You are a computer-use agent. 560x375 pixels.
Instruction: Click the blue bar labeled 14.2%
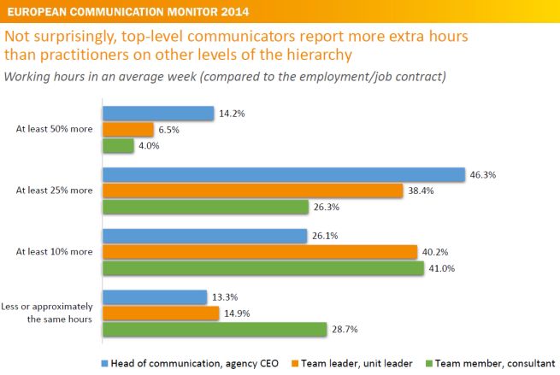158,114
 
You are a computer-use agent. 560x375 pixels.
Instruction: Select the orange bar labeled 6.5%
128,130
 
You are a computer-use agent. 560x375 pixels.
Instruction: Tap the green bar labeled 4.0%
119,146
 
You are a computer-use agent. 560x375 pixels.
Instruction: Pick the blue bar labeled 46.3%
282,175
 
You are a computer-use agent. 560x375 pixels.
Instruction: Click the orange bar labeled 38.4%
252,190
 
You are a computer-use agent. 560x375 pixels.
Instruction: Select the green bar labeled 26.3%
205,207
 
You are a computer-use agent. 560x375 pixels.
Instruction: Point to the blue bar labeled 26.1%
204,237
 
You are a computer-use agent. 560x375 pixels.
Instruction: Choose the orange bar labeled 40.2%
259,252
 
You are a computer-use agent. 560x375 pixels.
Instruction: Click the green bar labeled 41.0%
262,268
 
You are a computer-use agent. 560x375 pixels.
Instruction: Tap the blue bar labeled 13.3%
155,297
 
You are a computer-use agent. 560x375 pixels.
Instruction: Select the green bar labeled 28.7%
215,330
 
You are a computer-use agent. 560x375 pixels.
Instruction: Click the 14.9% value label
237,313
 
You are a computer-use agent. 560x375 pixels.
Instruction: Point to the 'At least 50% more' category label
54,130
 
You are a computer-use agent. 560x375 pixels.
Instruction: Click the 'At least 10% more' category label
54,252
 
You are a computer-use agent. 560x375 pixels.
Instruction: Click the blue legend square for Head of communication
105,362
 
